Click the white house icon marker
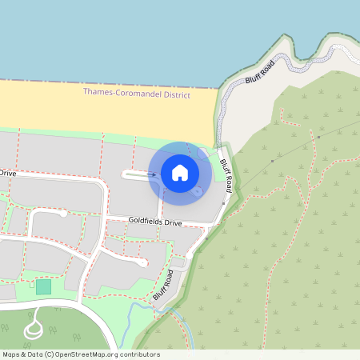click(180, 172)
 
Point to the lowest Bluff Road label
click(163, 286)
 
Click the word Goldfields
click(146, 222)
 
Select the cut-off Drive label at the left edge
click(7, 173)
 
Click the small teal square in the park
click(42, 286)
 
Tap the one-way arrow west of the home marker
click(151, 174)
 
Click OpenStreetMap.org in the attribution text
click(88, 354)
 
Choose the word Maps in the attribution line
click(12, 354)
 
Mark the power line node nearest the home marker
click(272, 162)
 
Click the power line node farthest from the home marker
click(318, 137)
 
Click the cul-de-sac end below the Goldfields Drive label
click(142, 262)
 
